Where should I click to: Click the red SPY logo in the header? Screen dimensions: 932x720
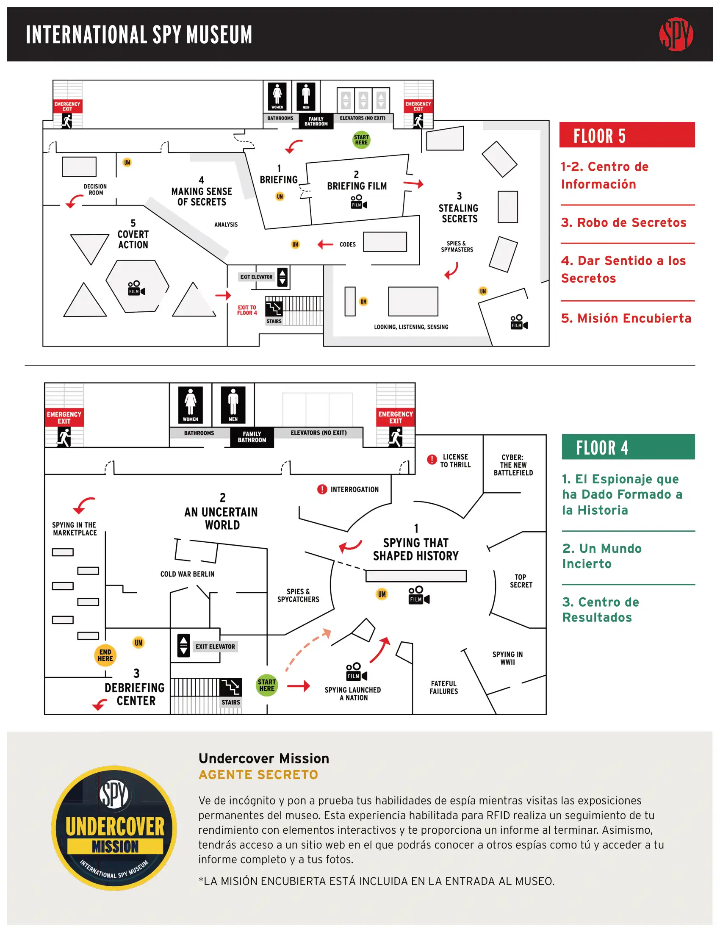676,34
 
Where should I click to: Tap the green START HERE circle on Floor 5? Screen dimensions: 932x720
361,139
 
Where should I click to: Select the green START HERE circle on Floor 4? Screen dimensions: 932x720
266,685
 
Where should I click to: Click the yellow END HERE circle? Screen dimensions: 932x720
105,655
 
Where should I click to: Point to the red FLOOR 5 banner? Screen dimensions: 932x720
626,135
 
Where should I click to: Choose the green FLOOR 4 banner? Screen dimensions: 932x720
628,447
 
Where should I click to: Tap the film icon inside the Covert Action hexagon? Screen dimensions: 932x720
136,288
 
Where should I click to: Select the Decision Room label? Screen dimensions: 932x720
95,189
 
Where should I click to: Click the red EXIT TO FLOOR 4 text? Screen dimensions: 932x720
247,310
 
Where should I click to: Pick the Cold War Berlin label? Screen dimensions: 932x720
187,574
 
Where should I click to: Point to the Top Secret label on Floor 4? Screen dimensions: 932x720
521,581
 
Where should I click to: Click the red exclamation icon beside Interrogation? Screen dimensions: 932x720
321,489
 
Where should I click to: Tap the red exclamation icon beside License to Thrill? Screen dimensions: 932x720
432,460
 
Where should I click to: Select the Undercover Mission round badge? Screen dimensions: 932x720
114,827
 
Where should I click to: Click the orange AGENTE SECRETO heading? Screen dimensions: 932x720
258,774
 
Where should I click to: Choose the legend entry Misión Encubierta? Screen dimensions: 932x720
626,318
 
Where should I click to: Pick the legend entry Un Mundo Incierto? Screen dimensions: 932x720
601,556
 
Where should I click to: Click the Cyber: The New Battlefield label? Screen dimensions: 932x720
513,465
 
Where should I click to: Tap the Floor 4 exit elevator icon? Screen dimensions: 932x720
183,646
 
